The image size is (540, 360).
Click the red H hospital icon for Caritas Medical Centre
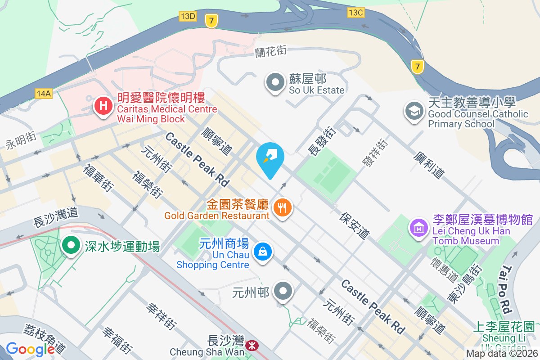[x=103, y=107]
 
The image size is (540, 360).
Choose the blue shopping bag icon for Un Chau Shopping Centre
[x=262, y=251]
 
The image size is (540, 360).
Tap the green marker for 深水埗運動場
[x=71, y=246]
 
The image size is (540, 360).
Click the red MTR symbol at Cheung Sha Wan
[x=252, y=346]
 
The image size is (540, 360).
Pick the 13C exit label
[x=355, y=13]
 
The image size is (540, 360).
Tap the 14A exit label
[x=44, y=93]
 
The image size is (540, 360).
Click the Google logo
[x=30, y=349]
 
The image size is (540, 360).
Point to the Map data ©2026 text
[x=502, y=354]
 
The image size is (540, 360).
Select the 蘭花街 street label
[x=270, y=51]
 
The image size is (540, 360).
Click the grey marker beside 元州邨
[x=283, y=292]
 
